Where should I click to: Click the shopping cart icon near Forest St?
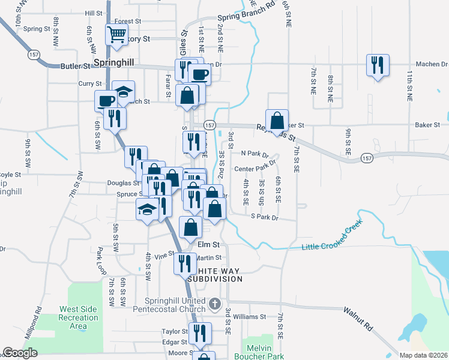[116, 34]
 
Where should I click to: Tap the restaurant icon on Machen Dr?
[378, 65]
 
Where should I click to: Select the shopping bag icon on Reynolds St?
[277, 120]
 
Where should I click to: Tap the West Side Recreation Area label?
[79, 317]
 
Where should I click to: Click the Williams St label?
[249, 316]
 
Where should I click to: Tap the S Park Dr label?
[265, 217]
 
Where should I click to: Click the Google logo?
[20, 353]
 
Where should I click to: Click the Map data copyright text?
[423, 355]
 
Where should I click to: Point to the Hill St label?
[94, 13]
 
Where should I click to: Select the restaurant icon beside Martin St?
[184, 264]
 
